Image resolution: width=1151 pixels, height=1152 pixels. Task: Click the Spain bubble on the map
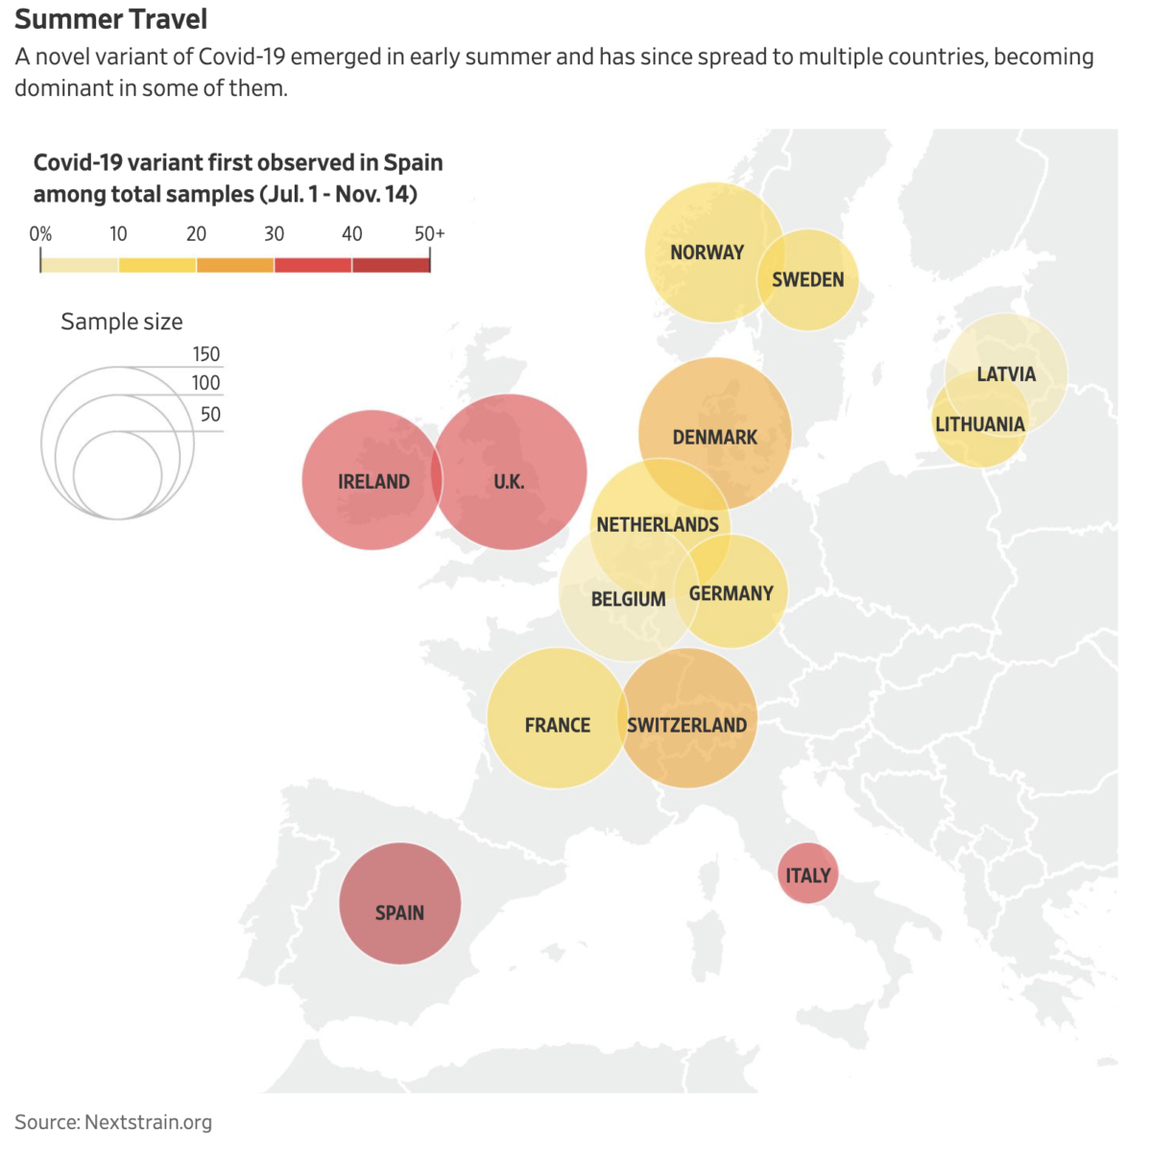coord(399,903)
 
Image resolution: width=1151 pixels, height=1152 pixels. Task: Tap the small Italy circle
coord(807,874)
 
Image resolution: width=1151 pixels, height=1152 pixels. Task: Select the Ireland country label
coord(373,482)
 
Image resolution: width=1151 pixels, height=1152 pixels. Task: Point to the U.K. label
coord(509,482)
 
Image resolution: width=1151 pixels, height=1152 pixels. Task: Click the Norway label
coord(707,252)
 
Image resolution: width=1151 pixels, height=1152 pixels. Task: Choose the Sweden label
coord(808,279)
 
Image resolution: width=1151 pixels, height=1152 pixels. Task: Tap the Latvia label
coord(1006,374)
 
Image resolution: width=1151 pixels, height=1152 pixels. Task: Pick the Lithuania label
coord(980,424)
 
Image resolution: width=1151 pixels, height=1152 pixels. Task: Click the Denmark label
coord(715,438)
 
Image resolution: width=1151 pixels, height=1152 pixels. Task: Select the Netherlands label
coord(658,525)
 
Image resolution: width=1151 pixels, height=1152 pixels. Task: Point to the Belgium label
coord(628,599)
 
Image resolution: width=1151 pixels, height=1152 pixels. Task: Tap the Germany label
coord(731,593)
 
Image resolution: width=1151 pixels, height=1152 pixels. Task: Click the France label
coord(558,726)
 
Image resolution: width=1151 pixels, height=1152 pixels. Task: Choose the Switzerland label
coord(687,726)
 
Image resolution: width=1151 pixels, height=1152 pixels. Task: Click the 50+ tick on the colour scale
coord(429,233)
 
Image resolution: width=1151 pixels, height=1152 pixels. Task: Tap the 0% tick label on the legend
coord(40,233)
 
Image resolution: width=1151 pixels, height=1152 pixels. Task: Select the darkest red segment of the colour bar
coord(391,265)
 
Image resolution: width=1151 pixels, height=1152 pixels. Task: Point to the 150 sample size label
coord(206,354)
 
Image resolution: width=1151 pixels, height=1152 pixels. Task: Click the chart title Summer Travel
coord(111,19)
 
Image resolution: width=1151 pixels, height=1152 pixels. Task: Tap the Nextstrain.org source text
coord(148,1122)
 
